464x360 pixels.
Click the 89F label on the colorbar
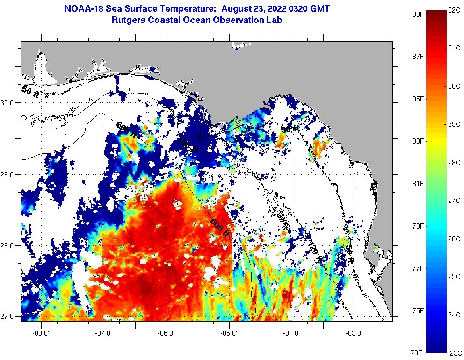coord(418,14)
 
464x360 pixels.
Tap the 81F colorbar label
coord(418,183)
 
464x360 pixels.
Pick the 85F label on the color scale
coord(418,99)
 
